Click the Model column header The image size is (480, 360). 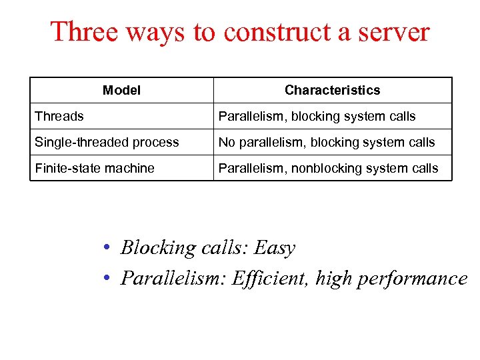click(121, 90)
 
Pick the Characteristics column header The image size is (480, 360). click(332, 90)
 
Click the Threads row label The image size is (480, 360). click(59, 116)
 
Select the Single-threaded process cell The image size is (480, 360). click(107, 142)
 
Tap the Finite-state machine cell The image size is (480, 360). click(95, 168)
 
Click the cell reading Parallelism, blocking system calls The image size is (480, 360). click(317, 116)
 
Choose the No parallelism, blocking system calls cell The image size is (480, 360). click(327, 142)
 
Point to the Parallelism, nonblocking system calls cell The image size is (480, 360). click(329, 168)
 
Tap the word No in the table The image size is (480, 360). click(227, 142)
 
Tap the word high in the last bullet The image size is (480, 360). click(334, 279)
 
